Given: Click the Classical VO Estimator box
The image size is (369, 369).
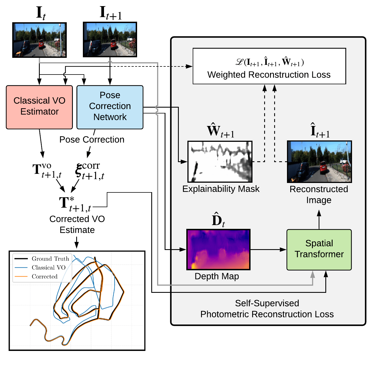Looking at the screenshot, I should click(39, 107).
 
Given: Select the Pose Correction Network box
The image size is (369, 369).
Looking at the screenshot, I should click(110, 107).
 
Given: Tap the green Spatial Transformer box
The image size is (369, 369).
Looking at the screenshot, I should click(319, 249).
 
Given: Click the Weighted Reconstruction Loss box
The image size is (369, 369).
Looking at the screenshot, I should click(269, 66).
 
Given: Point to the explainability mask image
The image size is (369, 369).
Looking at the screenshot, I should click(220, 162).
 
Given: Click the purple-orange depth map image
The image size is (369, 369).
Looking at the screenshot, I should click(218, 249).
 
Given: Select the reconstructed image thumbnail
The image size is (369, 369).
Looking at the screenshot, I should click(319, 162).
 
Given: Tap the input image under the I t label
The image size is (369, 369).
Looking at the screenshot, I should click(39, 40).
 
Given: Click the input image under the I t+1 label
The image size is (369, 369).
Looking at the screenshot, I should click(110, 40).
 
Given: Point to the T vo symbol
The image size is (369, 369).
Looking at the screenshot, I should click(46, 170).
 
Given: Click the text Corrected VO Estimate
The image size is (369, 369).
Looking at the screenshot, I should click(77, 224).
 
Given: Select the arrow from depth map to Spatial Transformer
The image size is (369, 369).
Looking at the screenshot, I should click(268, 249).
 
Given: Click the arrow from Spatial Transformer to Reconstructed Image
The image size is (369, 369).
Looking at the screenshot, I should click(319, 220).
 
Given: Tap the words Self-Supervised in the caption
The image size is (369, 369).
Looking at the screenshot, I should click(267, 303).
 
